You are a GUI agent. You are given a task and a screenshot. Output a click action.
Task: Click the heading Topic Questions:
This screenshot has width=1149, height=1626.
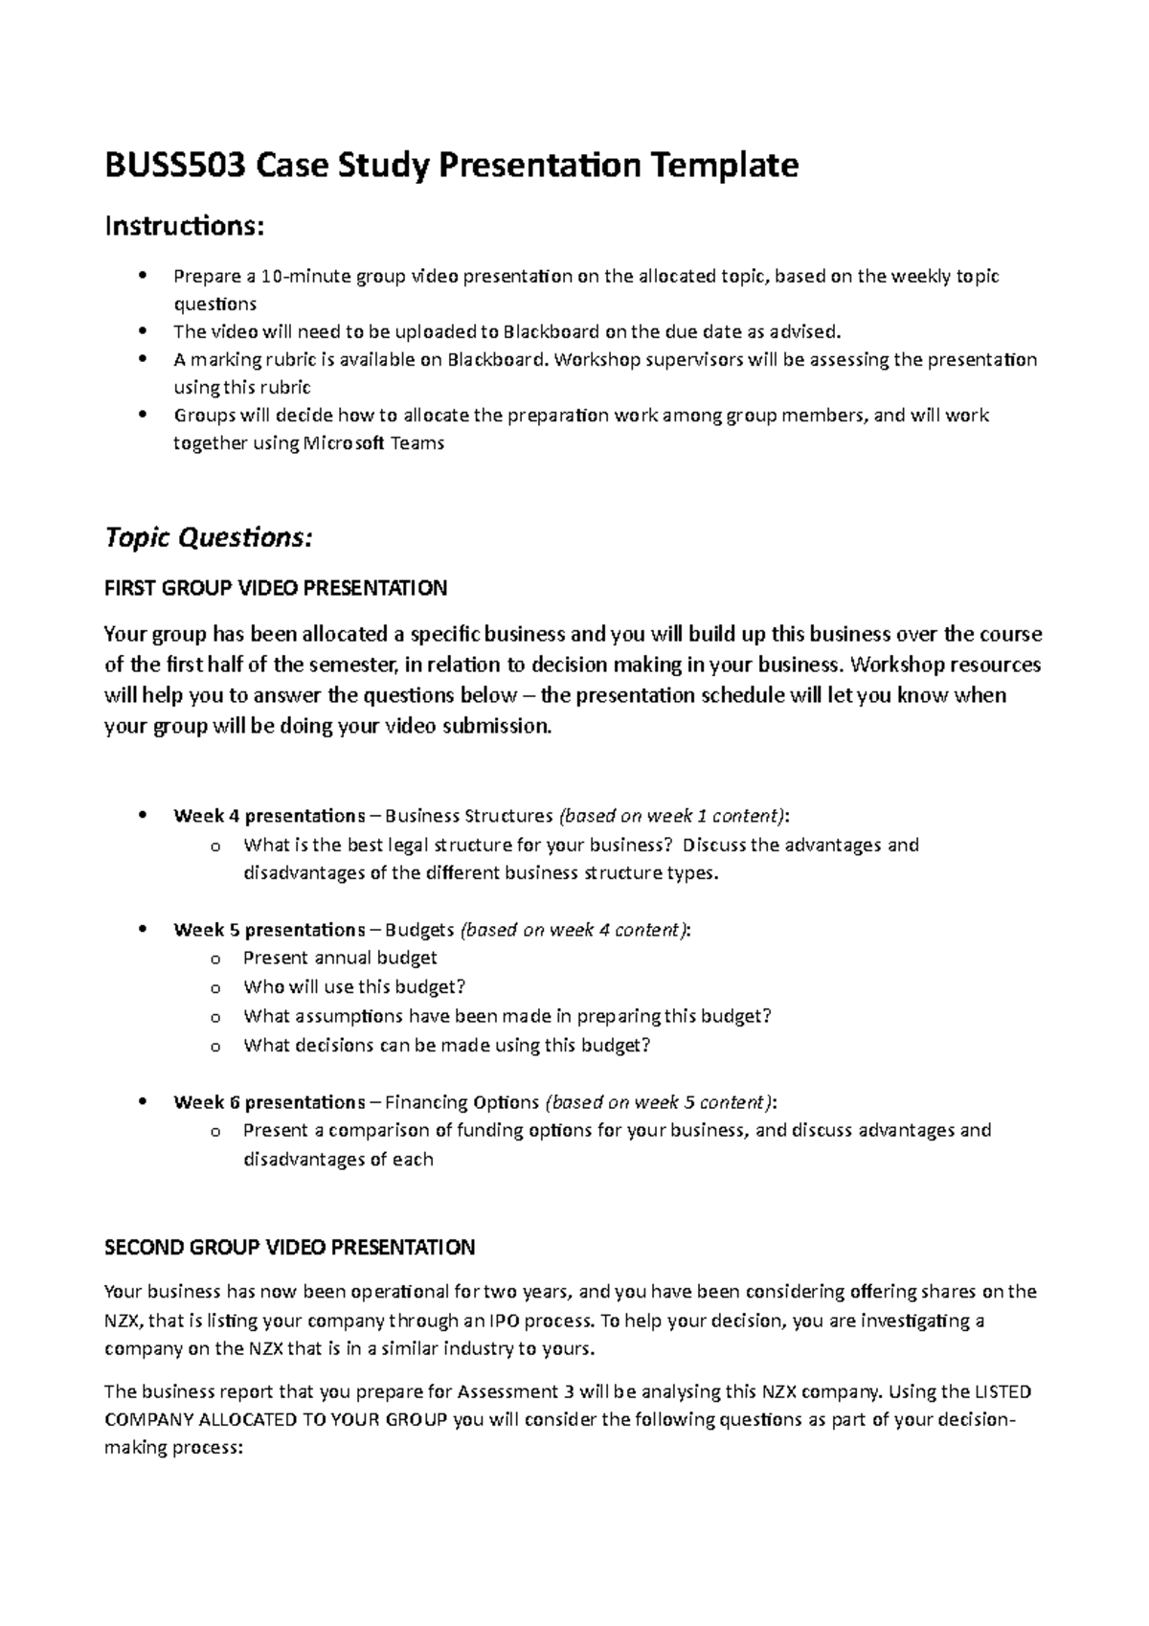pyautogui.click(x=208, y=538)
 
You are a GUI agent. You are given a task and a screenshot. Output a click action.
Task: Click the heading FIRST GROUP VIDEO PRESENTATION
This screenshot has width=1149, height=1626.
pyautogui.click(x=275, y=588)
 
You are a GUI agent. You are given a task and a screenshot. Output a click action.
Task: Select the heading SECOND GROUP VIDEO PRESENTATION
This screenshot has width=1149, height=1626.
pyautogui.click(x=289, y=1248)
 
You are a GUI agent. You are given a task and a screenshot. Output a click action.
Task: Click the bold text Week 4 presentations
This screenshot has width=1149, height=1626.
pyautogui.click(x=268, y=816)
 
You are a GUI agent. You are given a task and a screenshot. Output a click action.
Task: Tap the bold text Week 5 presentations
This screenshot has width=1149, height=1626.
pyautogui.click(x=268, y=930)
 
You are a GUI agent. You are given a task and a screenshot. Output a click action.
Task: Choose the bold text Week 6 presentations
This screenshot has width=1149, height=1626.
pyautogui.click(x=268, y=1102)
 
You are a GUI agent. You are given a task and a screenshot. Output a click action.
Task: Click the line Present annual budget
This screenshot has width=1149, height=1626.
pyautogui.click(x=340, y=958)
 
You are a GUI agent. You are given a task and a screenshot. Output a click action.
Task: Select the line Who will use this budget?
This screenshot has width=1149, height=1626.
pyautogui.click(x=353, y=986)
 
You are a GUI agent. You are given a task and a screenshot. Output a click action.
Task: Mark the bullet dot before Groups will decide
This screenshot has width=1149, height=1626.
pyautogui.click(x=143, y=416)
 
